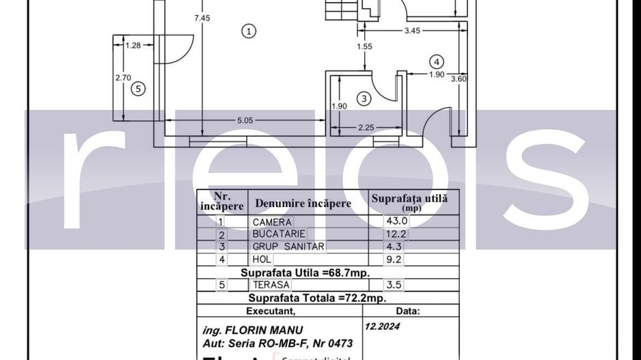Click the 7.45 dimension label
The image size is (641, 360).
click(x=202, y=18)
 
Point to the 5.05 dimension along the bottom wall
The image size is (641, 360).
click(x=245, y=120)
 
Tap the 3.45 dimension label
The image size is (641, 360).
click(x=412, y=31)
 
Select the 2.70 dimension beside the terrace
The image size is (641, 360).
click(x=123, y=78)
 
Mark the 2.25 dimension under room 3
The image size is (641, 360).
click(x=366, y=127)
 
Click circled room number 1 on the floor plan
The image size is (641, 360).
click(x=249, y=30)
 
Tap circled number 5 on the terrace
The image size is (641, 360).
click(x=137, y=88)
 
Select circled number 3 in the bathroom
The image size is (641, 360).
click(x=364, y=99)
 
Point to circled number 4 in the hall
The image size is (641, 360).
click(x=437, y=61)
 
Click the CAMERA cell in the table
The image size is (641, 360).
click(x=272, y=222)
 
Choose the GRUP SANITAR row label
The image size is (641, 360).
click(x=288, y=247)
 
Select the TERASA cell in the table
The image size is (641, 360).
click(x=271, y=285)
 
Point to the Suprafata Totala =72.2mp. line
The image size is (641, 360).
click(x=317, y=298)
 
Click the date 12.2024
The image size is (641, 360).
click(x=383, y=327)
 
